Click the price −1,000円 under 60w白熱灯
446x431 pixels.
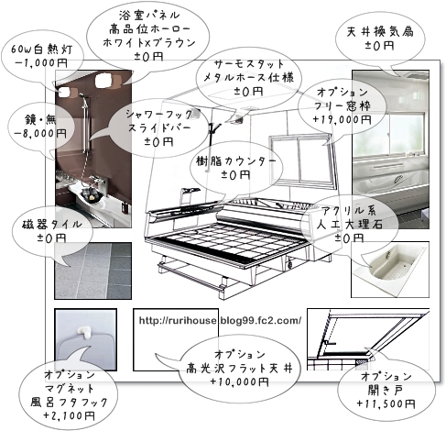click(41, 62)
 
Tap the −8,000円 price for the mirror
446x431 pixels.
click(40, 133)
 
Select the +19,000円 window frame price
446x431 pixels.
click(342, 119)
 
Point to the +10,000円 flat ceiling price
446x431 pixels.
click(240, 382)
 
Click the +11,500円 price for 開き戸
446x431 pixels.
click(386, 404)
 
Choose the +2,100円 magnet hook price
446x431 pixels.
click(70, 415)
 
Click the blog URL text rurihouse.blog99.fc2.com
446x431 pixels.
click(221, 320)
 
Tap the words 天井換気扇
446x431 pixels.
click(380, 32)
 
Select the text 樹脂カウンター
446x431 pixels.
click(236, 161)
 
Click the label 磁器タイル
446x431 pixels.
click(52, 225)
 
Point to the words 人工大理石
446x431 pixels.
click(350, 225)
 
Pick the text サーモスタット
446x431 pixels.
click(249, 64)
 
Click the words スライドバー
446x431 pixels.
click(159, 127)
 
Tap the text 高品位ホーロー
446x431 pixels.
click(149, 29)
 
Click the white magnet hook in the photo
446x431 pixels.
click(84, 332)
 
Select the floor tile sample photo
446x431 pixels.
click(93, 271)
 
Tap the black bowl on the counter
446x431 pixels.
click(92, 194)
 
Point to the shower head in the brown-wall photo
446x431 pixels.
click(82, 95)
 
